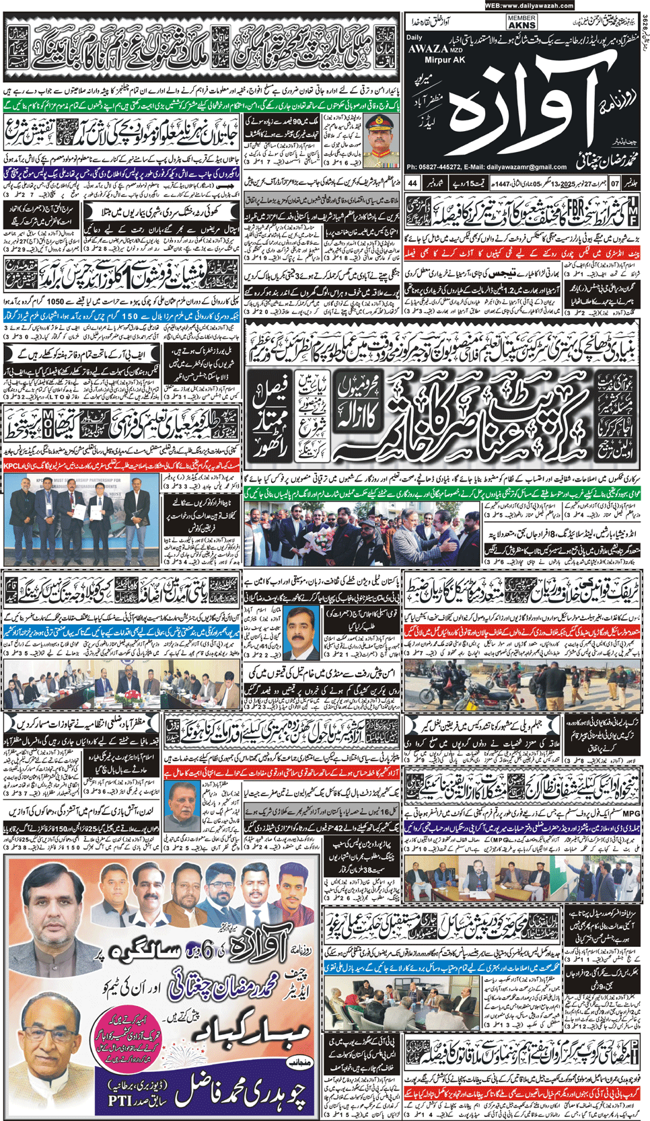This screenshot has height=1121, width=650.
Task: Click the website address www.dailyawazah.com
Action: [x=538, y=5]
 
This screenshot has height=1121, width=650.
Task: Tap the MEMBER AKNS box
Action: [x=521, y=22]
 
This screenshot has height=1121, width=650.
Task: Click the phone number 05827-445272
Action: [x=441, y=167]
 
